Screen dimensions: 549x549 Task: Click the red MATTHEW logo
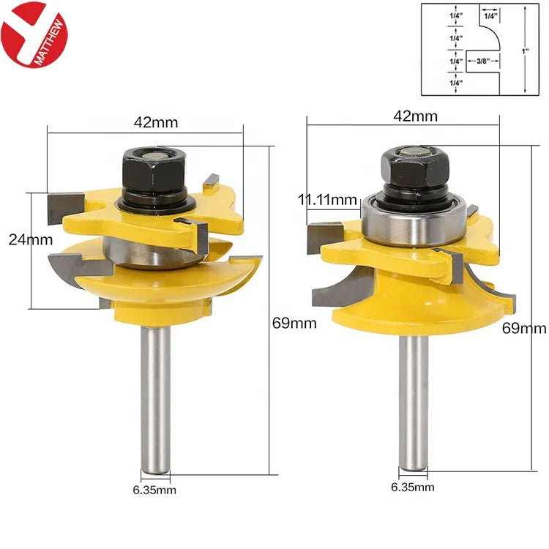pos(34,34)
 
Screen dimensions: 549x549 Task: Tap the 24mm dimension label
pos(31,240)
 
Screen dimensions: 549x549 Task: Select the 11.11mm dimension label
pos(327,200)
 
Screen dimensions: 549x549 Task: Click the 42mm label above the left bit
pos(156,122)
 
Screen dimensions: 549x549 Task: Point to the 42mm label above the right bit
pos(415,116)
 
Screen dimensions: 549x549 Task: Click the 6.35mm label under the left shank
pos(154,490)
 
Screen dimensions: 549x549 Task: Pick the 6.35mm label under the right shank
pos(412,487)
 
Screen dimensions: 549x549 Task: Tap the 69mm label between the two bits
pos(294,323)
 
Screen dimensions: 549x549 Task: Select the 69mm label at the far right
pos(524,329)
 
